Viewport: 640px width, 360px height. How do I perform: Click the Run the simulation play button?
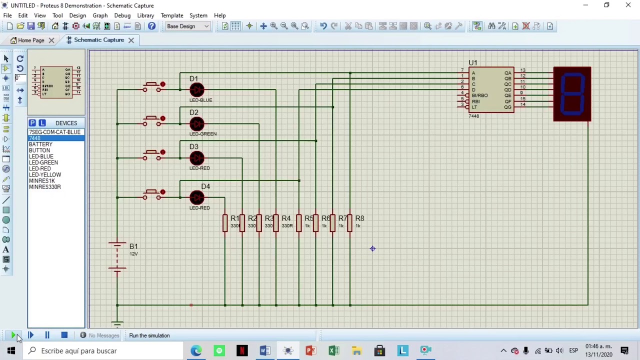[13, 335]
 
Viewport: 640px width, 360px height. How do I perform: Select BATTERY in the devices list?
[40, 144]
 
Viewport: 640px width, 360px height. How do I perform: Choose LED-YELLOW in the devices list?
[45, 174]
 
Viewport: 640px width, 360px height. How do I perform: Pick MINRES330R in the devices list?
[45, 187]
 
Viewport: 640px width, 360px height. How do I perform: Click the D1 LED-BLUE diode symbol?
[196, 90]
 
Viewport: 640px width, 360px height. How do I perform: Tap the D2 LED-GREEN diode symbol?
[196, 124]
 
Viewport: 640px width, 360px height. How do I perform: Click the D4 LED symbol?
[196, 197]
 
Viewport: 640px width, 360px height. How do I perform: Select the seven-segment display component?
[572, 94]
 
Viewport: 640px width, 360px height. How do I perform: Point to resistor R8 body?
[349, 222]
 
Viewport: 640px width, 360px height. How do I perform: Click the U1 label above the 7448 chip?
[472, 62]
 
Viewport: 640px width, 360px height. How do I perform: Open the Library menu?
[145, 15]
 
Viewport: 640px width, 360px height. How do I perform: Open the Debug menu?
[122, 15]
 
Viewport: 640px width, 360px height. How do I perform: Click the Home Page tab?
[31, 40]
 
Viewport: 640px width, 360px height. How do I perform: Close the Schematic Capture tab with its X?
[131, 40]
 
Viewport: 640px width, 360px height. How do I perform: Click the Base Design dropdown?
[188, 26]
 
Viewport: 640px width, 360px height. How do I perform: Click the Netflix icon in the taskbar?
[242, 350]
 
